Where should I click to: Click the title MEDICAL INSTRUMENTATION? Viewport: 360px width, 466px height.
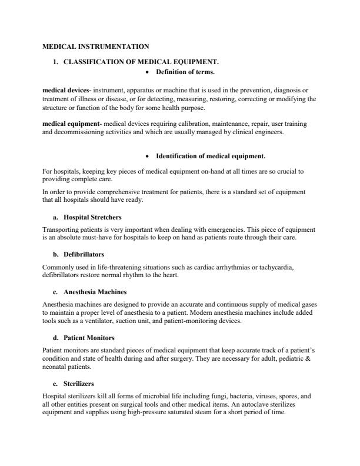96,46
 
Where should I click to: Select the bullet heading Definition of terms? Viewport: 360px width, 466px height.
185,72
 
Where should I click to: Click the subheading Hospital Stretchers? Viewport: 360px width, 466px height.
92,217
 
